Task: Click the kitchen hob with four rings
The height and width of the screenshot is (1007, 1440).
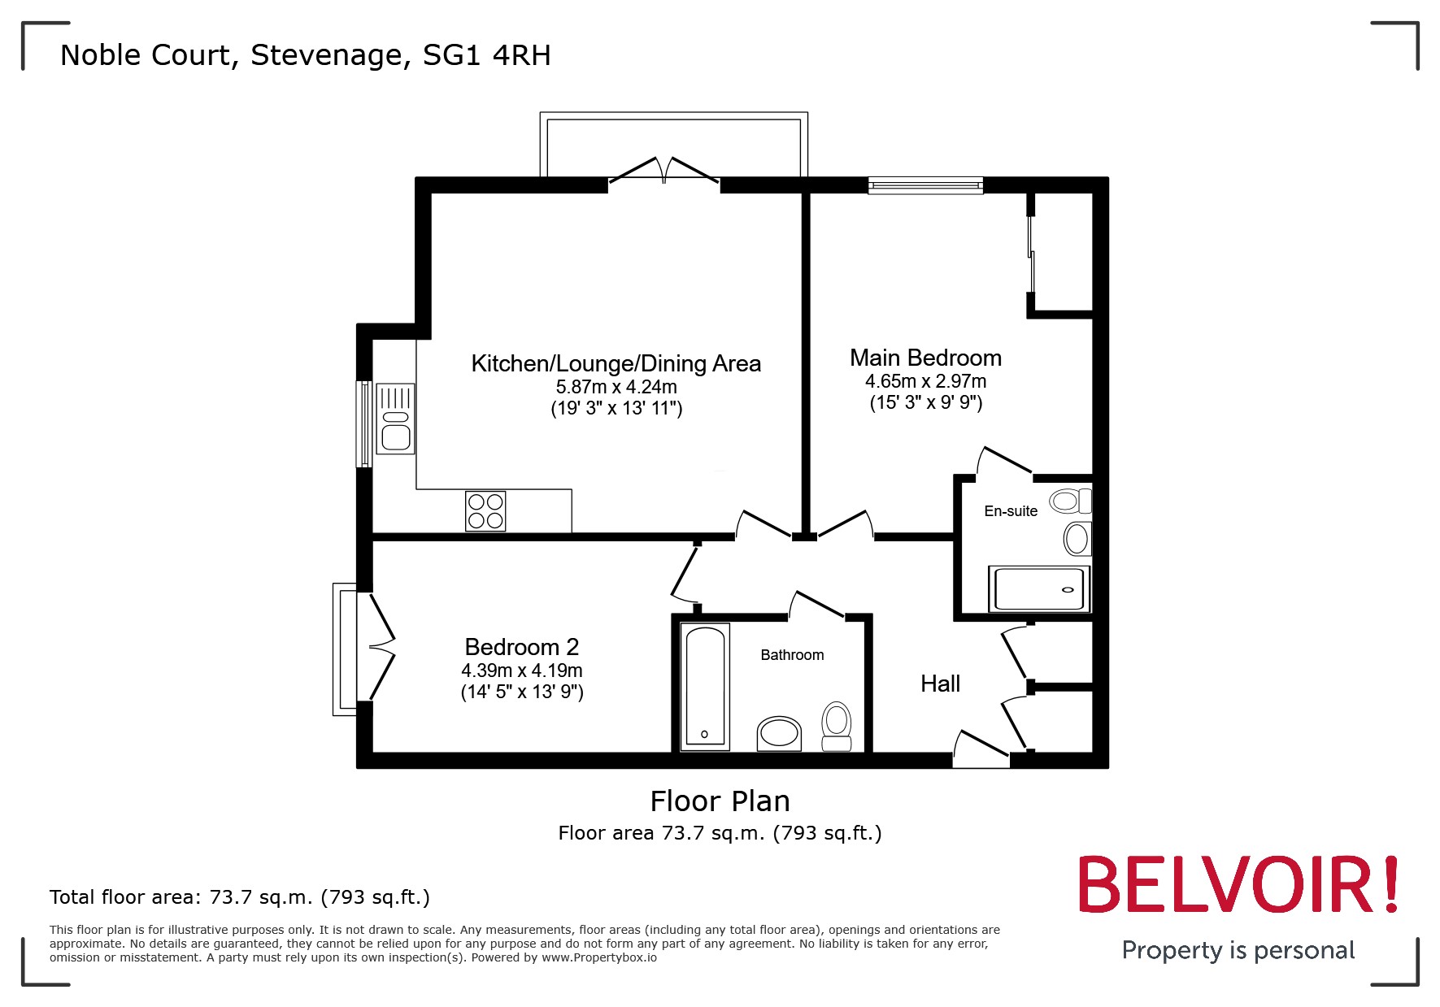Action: click(x=485, y=511)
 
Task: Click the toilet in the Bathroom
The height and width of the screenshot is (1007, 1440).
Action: click(x=836, y=726)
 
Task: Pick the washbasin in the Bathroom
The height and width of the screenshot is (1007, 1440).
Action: click(x=779, y=733)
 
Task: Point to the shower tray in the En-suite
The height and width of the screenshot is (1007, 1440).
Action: click(x=1039, y=589)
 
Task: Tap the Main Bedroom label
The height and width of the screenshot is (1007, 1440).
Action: click(x=925, y=358)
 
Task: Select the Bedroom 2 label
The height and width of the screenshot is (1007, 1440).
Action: click(x=521, y=647)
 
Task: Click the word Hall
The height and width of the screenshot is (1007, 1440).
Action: click(x=940, y=684)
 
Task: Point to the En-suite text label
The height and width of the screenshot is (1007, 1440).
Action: click(x=1011, y=511)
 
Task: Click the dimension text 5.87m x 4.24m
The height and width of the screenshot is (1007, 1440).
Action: click(x=616, y=387)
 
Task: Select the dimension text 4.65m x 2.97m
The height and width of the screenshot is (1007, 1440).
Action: click(x=925, y=381)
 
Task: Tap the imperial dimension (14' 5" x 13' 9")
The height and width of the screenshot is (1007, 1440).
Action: click(x=522, y=692)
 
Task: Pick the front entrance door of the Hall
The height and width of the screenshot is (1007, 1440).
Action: click(x=981, y=749)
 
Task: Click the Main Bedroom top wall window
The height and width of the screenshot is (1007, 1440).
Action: click(x=925, y=185)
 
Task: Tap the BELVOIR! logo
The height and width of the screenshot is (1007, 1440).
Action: click(x=1238, y=885)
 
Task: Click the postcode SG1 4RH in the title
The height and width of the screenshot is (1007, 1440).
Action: click(x=486, y=55)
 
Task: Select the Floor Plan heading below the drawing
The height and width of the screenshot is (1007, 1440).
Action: click(x=720, y=801)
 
